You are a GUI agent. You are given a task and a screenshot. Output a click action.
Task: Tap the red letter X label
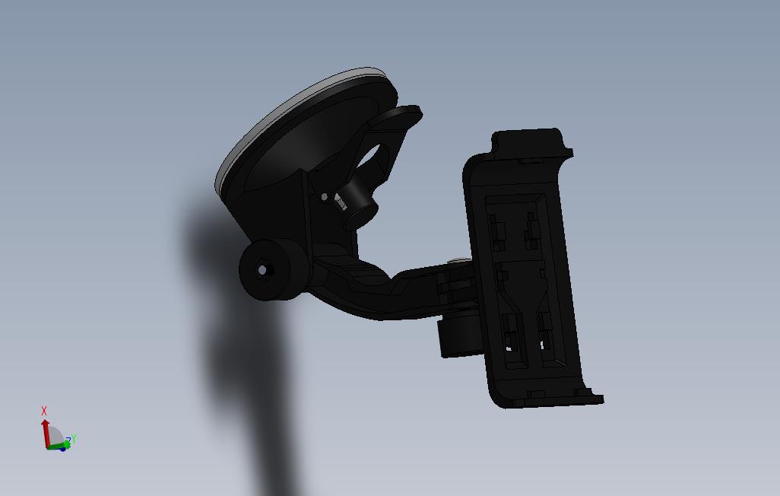click(x=44, y=411)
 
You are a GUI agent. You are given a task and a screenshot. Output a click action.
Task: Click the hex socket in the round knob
click(x=263, y=270)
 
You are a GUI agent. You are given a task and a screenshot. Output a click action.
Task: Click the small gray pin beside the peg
click(x=325, y=197)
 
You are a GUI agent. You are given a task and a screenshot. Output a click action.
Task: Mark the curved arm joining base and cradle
click(x=380, y=289)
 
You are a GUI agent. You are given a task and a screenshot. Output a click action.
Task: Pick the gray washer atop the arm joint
click(x=460, y=262)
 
